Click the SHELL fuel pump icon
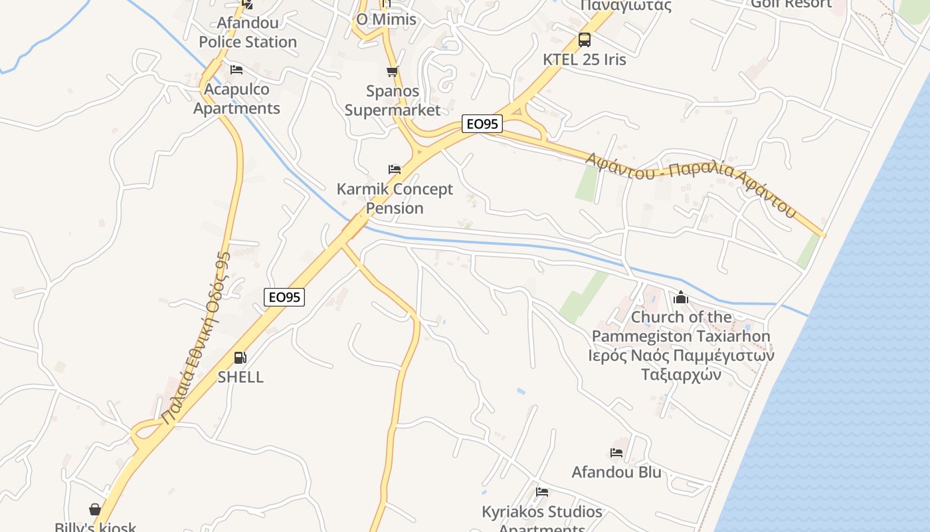click(x=240, y=358)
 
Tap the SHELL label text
click(x=240, y=377)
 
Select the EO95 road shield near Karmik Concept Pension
click(x=482, y=124)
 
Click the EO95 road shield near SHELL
click(x=284, y=297)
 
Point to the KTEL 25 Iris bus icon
click(x=584, y=40)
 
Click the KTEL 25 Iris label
click(x=584, y=59)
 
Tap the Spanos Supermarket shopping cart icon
click(x=393, y=72)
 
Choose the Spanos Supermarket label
click(x=393, y=100)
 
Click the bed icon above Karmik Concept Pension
click(x=395, y=170)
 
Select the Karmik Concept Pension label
click(x=395, y=198)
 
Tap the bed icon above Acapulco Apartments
click(x=236, y=70)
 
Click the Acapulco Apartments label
click(x=236, y=98)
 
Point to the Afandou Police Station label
click(x=248, y=32)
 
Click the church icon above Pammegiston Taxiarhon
click(x=680, y=297)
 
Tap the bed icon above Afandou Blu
click(x=616, y=453)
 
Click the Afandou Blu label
click(x=616, y=472)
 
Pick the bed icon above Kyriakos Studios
click(x=542, y=492)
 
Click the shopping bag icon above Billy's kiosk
click(x=95, y=509)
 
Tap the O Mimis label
click(x=386, y=19)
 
